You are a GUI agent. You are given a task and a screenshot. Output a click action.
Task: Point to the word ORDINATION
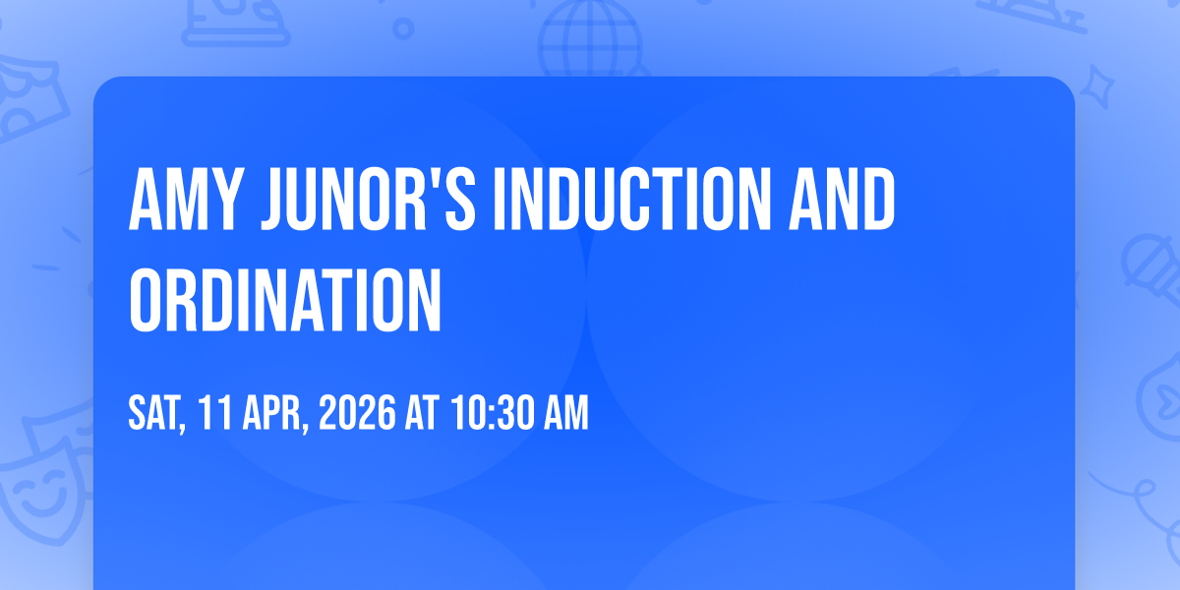pyautogui.click(x=285, y=300)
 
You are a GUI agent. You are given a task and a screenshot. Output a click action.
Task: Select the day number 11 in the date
pyautogui.click(x=215, y=413)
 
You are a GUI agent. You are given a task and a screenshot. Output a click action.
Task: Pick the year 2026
pyautogui.click(x=357, y=413)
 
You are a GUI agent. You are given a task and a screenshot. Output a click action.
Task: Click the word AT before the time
pyautogui.click(x=422, y=413)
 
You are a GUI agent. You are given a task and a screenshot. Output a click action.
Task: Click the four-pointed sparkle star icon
pyautogui.click(x=1097, y=88)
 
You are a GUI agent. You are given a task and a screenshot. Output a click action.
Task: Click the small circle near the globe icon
pyautogui.click(x=403, y=29)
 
